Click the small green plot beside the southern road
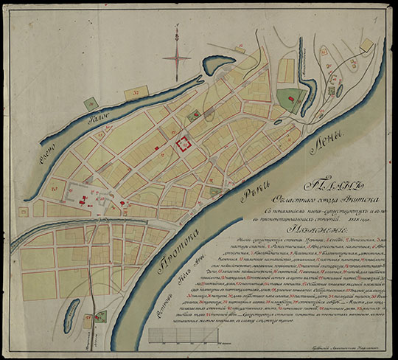click(x=101, y=317)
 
